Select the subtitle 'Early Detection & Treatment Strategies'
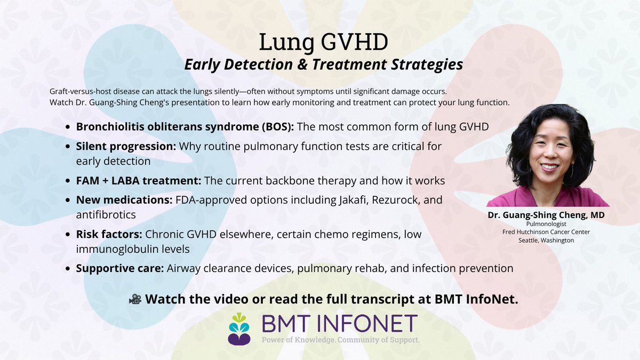pyautogui.click(x=323, y=65)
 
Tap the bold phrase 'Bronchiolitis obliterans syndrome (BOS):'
pyautogui.click(x=185, y=127)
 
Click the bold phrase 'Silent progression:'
pyautogui.click(x=125, y=146)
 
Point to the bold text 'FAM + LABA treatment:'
pyautogui.click(x=138, y=181)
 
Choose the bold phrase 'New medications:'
pyautogui.click(x=125, y=201)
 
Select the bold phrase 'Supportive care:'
pyautogui.click(x=119, y=268)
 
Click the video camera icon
pyautogui.click(x=135, y=299)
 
